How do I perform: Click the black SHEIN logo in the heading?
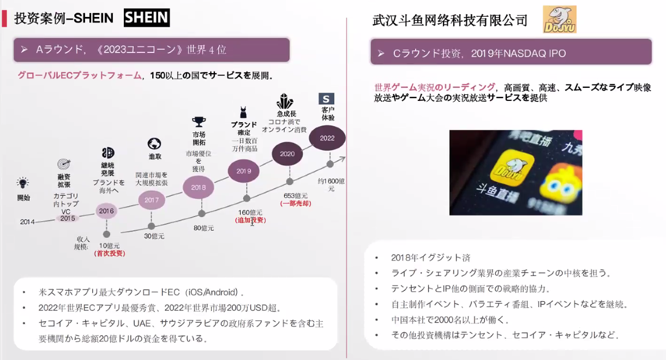pyautogui.click(x=147, y=18)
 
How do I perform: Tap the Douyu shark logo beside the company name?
pyautogui.click(x=560, y=20)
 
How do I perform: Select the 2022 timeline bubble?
pyautogui.click(x=327, y=138)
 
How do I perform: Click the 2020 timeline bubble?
pyautogui.click(x=287, y=154)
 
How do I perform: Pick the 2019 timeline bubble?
pyautogui.click(x=244, y=171)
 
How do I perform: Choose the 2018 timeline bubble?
pyautogui.click(x=199, y=187)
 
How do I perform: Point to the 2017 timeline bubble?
pyautogui.click(x=152, y=200)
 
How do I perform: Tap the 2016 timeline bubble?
pyautogui.click(x=106, y=211)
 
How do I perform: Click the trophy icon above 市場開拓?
pyautogui.click(x=199, y=122)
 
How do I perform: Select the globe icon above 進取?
pyautogui.click(x=154, y=143)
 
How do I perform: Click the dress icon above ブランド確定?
pyautogui.click(x=243, y=112)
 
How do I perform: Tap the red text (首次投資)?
pyautogui.click(x=109, y=254)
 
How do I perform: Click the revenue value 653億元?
pyautogui.click(x=296, y=196)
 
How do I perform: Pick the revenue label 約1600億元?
pyautogui.click(x=331, y=185)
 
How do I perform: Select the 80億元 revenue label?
pyautogui.click(x=204, y=228)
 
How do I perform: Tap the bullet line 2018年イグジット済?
pyautogui.click(x=430, y=257)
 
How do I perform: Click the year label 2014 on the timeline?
pyautogui.click(x=27, y=222)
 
